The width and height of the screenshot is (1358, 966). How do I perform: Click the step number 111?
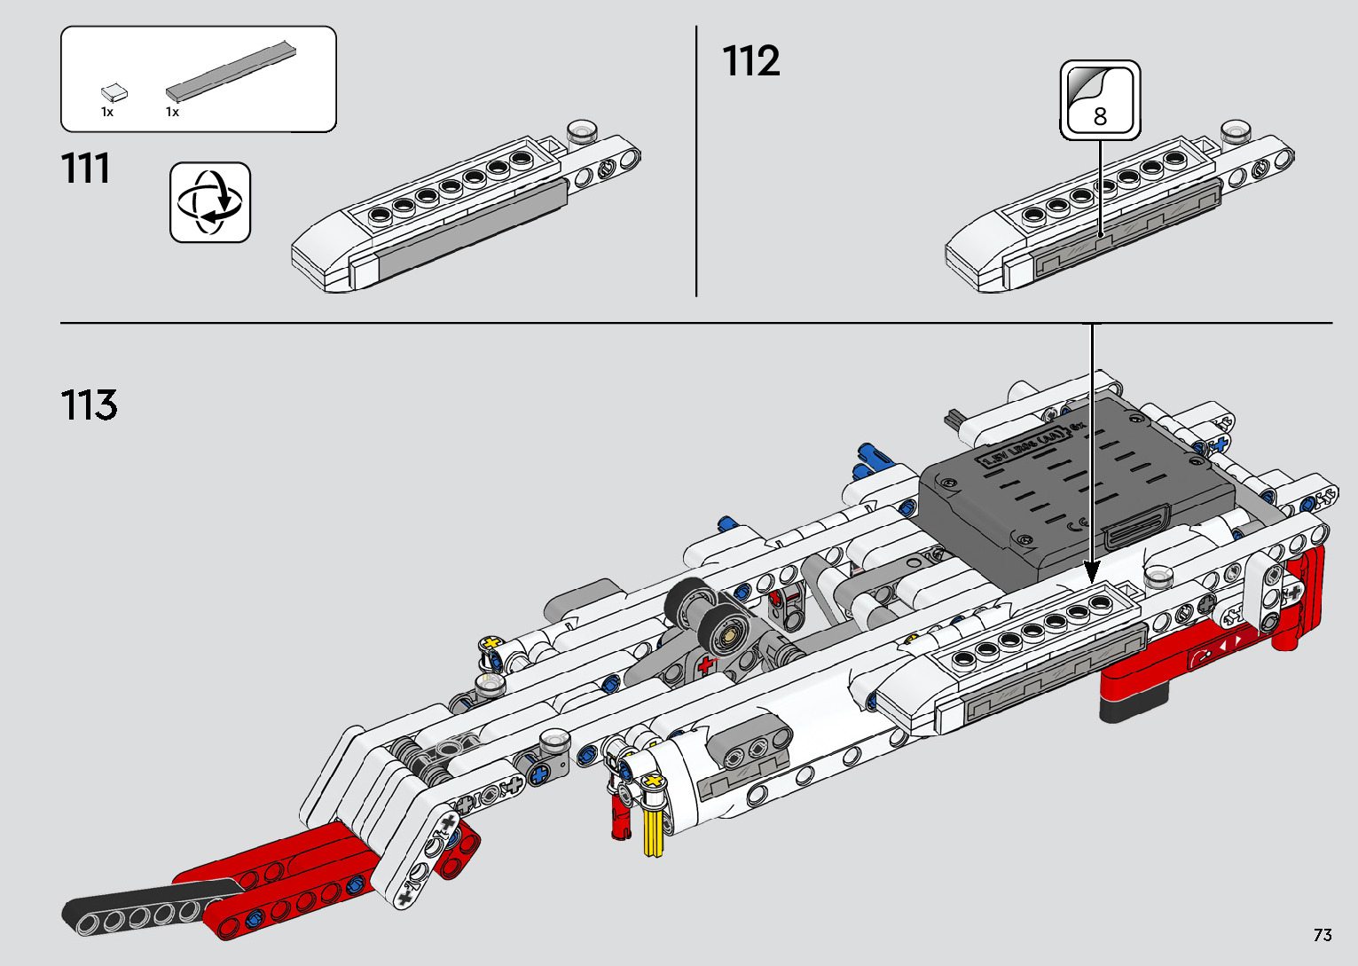click(x=86, y=169)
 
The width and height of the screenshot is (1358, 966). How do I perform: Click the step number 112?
click(x=751, y=62)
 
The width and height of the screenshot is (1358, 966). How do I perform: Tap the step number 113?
click(x=89, y=405)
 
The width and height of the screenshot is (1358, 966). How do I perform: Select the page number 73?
click(x=1323, y=935)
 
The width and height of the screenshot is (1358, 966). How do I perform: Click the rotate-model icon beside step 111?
click(x=210, y=202)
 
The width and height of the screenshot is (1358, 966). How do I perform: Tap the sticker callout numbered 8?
click(x=1100, y=100)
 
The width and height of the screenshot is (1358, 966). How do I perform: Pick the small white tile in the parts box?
click(x=114, y=91)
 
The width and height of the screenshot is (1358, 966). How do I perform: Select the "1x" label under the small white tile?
click(x=107, y=113)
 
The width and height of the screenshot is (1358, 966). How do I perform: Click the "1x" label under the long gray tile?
click(x=172, y=113)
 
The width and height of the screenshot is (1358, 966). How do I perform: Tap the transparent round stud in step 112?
click(x=1235, y=132)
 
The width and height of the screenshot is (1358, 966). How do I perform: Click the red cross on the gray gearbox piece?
click(x=706, y=665)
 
